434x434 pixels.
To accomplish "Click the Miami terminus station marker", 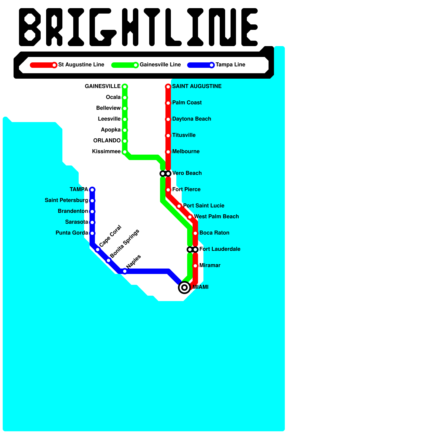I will pos(184,288).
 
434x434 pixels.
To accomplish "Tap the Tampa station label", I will pos(79,189).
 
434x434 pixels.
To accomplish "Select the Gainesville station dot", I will pos(125,87).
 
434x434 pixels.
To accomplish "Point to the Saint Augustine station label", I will pos(197,86).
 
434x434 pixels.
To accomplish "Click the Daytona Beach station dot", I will pos(168,119).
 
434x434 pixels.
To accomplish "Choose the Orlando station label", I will pos(107,141).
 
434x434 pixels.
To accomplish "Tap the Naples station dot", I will pos(125,271).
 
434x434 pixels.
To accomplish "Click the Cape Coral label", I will pos(110,236).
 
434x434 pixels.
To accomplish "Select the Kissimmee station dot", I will pos(125,152).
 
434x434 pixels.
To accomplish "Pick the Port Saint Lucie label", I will pos(203,206).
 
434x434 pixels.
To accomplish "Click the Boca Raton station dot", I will pos(195,233).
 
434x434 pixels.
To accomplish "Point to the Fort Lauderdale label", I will pos(220,249).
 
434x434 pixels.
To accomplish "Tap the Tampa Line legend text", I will pos(230,65).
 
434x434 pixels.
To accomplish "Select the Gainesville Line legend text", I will pos(160,65).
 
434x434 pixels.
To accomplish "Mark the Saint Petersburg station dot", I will pos(92,201).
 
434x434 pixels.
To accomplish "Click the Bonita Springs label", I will pos(125,243).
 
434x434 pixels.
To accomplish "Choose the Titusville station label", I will pos(184,135).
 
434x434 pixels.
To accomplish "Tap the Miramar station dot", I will pos(195,266).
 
